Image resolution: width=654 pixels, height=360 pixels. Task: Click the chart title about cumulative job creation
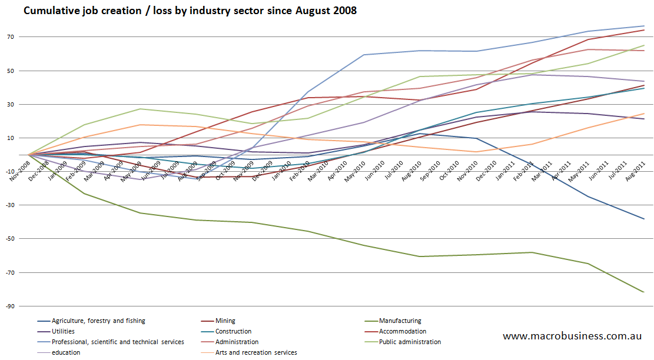point(190,11)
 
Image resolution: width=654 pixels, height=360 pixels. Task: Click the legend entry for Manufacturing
point(400,321)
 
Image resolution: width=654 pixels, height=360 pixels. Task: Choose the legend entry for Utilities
point(63,332)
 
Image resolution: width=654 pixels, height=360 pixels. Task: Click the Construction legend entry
point(234,332)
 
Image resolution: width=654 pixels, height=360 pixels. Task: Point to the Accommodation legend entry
point(403,332)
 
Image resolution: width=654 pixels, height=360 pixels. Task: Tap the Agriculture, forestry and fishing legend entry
point(98,321)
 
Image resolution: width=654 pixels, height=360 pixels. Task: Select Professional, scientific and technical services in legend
point(118,342)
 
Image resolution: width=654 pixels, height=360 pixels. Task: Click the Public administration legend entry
point(410,342)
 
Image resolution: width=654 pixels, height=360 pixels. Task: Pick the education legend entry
point(66,353)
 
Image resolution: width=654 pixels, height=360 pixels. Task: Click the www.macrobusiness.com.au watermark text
point(572,336)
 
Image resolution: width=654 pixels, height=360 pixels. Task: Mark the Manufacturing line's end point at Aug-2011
point(644,292)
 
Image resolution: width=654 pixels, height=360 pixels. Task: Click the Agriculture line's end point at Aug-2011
point(644,219)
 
